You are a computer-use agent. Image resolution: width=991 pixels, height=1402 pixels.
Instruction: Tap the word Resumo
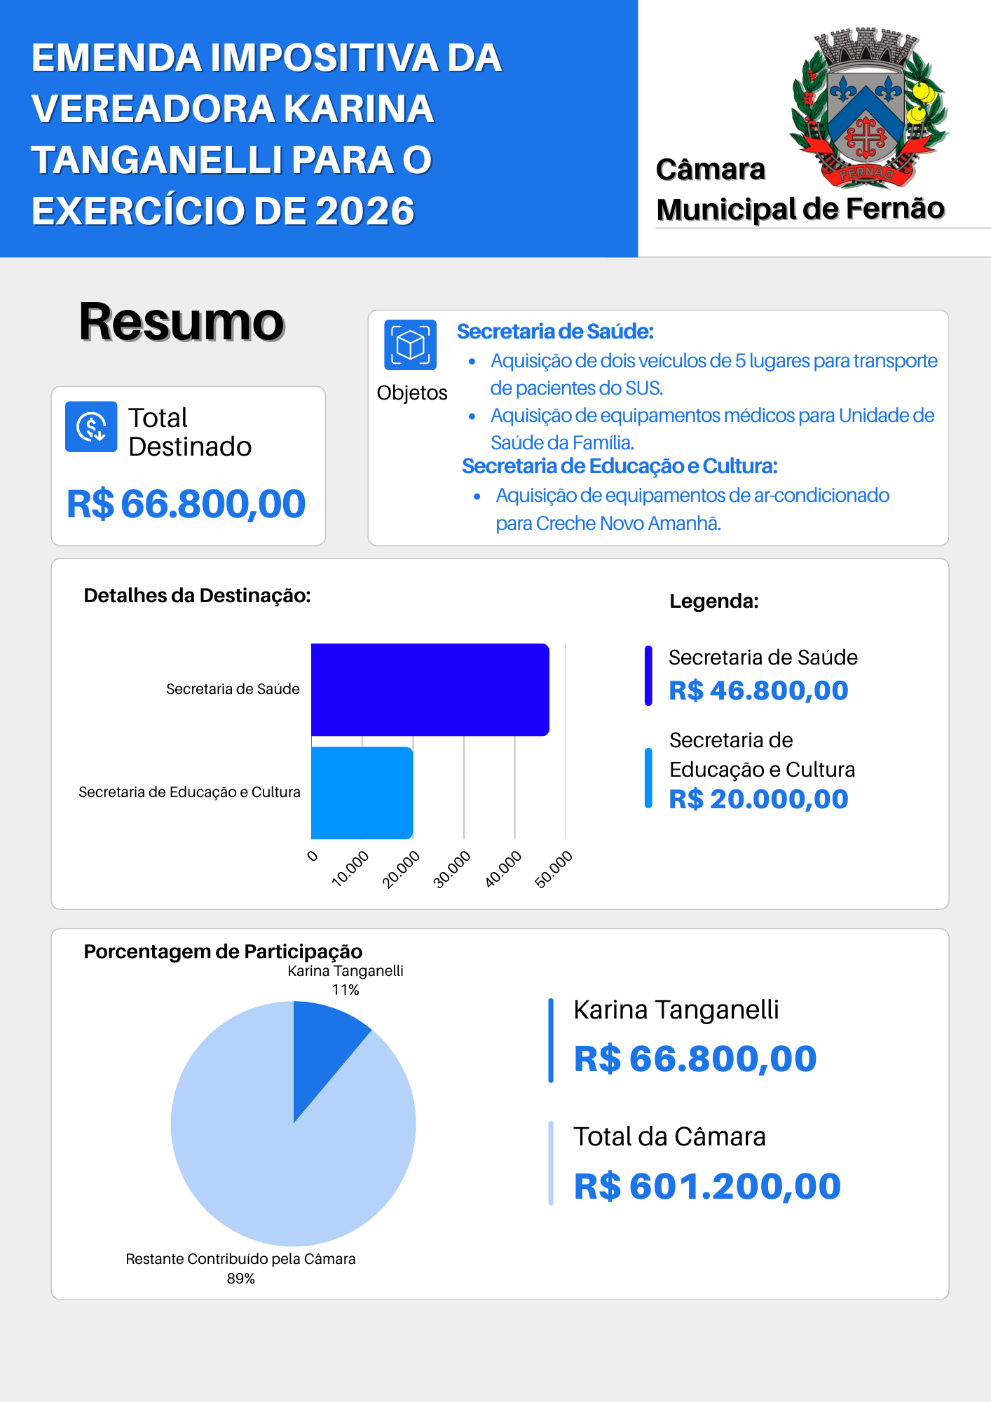182,322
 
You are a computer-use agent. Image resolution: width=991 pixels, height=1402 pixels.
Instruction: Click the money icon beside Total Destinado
91,426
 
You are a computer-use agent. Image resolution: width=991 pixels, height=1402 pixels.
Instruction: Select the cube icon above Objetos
410,344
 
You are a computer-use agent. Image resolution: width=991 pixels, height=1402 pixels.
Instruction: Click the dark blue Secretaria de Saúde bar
430,689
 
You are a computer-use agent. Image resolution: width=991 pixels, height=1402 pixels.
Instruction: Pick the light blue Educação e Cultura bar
362,792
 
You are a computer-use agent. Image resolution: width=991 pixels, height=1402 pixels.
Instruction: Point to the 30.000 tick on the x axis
452,869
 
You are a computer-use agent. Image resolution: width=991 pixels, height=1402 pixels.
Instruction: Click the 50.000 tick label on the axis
554,869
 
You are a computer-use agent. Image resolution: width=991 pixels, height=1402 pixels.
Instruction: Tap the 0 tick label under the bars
313,856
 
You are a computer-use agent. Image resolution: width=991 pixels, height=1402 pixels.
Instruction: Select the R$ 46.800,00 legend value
758,690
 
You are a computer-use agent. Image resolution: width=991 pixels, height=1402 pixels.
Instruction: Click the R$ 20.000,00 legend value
758,799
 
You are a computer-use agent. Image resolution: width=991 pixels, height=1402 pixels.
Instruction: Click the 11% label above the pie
346,990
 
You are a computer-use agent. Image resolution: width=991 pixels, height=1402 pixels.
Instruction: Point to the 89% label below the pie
240,1279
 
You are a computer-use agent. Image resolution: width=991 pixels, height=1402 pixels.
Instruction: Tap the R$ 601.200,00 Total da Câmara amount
707,1186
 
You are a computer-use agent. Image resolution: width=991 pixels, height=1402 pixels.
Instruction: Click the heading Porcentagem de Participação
223,951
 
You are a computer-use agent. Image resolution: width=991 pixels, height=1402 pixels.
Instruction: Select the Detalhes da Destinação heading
197,595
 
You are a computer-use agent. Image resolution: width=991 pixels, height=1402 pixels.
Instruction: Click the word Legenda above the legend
713,601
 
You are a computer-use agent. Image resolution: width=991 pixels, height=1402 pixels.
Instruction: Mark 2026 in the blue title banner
365,211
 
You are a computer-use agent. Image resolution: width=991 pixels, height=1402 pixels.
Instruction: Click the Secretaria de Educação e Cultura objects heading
620,466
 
